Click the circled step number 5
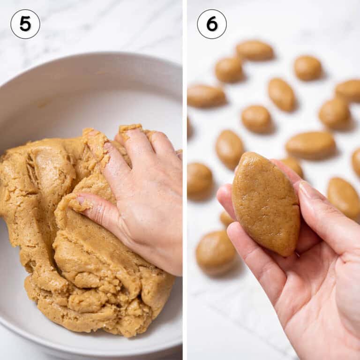25,24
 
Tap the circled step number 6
212,24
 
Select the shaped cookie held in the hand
266,203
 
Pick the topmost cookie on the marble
255,50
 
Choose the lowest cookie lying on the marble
215,253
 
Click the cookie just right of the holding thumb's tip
344,197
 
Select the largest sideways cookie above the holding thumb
310,145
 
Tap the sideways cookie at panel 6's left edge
205,96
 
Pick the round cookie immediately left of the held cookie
199,179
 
